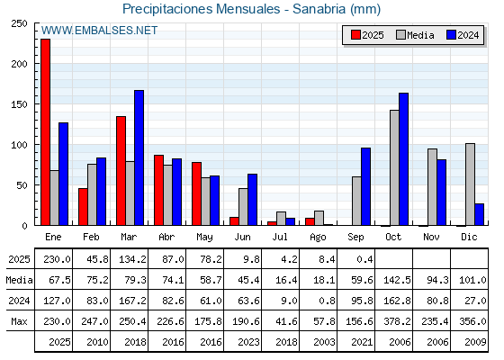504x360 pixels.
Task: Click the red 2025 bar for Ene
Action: pos(45,132)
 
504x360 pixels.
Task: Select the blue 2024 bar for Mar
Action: pos(139,157)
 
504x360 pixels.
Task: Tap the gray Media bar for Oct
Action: pos(394,167)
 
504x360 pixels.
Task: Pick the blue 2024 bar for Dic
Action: pos(479,214)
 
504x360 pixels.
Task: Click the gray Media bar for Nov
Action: pos(432,187)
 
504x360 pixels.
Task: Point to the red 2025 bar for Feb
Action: pos(83,207)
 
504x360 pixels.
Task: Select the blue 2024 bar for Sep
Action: pos(365,186)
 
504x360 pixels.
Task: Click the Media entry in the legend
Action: pos(415,35)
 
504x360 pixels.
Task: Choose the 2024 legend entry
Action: pos(463,35)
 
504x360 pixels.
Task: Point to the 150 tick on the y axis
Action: pos(19,104)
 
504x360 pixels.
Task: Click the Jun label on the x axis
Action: pos(242,238)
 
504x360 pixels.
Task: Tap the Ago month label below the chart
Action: pos(318,238)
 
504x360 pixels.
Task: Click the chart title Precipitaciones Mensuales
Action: pos(202,9)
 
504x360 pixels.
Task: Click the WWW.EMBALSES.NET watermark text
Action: pos(99,31)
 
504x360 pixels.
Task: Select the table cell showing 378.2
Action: pos(397,321)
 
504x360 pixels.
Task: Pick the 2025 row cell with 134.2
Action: pos(132,259)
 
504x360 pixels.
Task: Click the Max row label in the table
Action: pos(19,321)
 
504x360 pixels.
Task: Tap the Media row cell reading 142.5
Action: pos(397,280)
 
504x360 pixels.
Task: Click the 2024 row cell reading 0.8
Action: pos(328,301)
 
